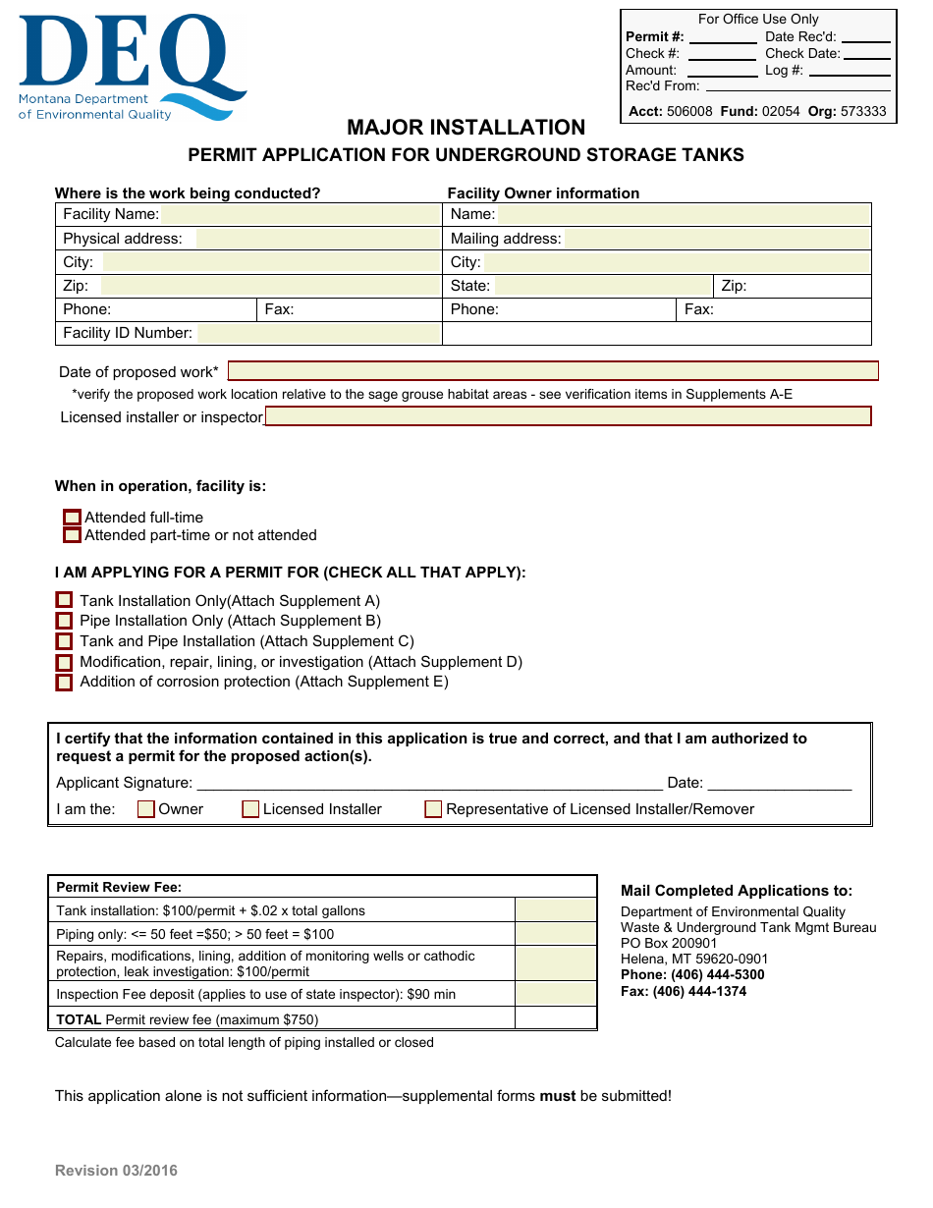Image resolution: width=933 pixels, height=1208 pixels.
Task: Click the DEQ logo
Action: coord(132,68)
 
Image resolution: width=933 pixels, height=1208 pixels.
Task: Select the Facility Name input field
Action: coord(300,215)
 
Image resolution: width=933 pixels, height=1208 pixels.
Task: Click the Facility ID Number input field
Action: coord(318,334)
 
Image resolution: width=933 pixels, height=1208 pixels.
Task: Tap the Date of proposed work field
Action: coord(553,371)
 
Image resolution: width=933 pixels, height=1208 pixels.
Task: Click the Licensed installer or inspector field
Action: coord(568,416)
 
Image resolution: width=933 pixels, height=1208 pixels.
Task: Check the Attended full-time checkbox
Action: coord(72,518)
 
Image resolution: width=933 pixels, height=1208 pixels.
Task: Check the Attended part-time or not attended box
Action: coord(72,535)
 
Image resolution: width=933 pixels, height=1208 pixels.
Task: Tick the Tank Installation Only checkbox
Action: coord(64,600)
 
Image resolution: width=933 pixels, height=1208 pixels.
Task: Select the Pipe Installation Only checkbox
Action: coord(64,621)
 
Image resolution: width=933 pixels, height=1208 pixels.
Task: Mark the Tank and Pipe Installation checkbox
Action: coord(64,641)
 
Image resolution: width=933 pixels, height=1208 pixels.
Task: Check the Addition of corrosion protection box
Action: coord(64,683)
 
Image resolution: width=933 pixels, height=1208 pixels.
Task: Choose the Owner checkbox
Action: coord(146,809)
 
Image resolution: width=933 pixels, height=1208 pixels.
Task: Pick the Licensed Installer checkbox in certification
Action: coord(250,809)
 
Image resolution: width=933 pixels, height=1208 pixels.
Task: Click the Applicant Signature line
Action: coord(429,783)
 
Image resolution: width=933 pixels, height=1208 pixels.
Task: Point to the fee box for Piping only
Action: coord(556,934)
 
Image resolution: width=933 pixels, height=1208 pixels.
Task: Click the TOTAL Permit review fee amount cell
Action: coord(556,1018)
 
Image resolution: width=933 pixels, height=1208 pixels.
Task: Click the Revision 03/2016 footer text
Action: coord(116,1171)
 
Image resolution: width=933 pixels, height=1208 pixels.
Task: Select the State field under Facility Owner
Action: coord(603,287)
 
